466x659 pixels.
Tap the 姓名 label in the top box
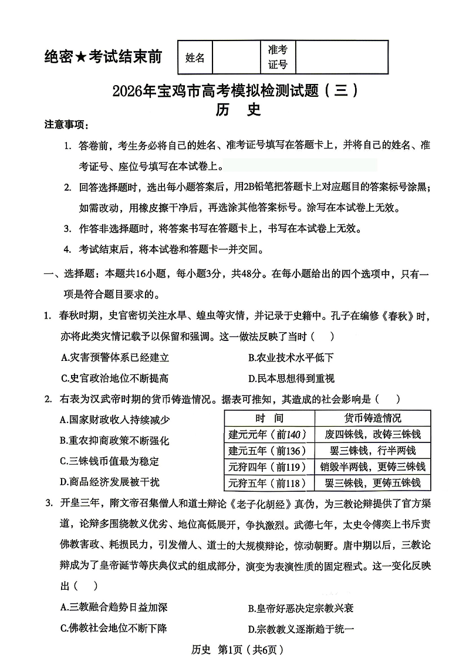(195, 58)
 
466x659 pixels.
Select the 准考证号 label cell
(278, 57)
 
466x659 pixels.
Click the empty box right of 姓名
(236, 58)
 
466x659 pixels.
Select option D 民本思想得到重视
(291, 378)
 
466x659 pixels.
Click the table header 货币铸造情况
(373, 418)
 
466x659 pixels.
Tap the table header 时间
(269, 418)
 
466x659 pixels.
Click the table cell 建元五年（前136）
(269, 451)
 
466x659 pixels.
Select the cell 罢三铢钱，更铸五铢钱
(373, 483)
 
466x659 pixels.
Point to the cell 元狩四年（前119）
(269, 467)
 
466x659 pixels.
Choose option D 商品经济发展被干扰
(110, 482)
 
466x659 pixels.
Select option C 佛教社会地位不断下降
(114, 628)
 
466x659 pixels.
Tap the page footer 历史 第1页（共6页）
(234, 649)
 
